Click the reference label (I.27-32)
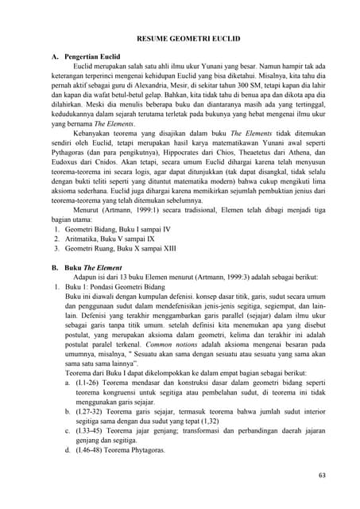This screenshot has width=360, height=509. click(95, 436)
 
